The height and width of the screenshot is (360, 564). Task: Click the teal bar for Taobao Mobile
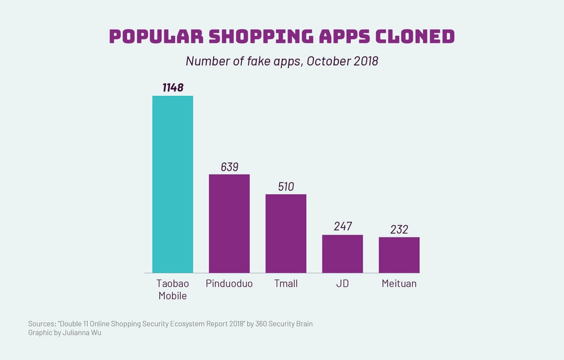tap(172, 184)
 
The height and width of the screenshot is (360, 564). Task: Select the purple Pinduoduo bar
tap(229, 223)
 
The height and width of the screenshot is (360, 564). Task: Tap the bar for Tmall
tap(286, 233)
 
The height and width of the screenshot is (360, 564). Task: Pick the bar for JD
tap(343, 254)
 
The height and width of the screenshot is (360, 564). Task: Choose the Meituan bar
tap(399, 255)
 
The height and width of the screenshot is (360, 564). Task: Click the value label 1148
tap(172, 88)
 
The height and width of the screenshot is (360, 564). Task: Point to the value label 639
tap(229, 166)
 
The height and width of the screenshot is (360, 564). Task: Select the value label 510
tap(286, 187)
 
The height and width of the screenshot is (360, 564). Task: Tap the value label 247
tap(343, 227)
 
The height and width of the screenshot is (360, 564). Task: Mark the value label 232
tap(399, 229)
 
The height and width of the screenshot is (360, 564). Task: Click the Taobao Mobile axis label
tap(172, 290)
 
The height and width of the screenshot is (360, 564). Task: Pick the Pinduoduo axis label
tap(229, 283)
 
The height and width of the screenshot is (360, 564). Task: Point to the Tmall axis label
tap(286, 283)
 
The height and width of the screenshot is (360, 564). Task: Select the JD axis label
tap(343, 283)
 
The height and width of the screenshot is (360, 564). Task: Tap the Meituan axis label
tap(399, 283)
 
